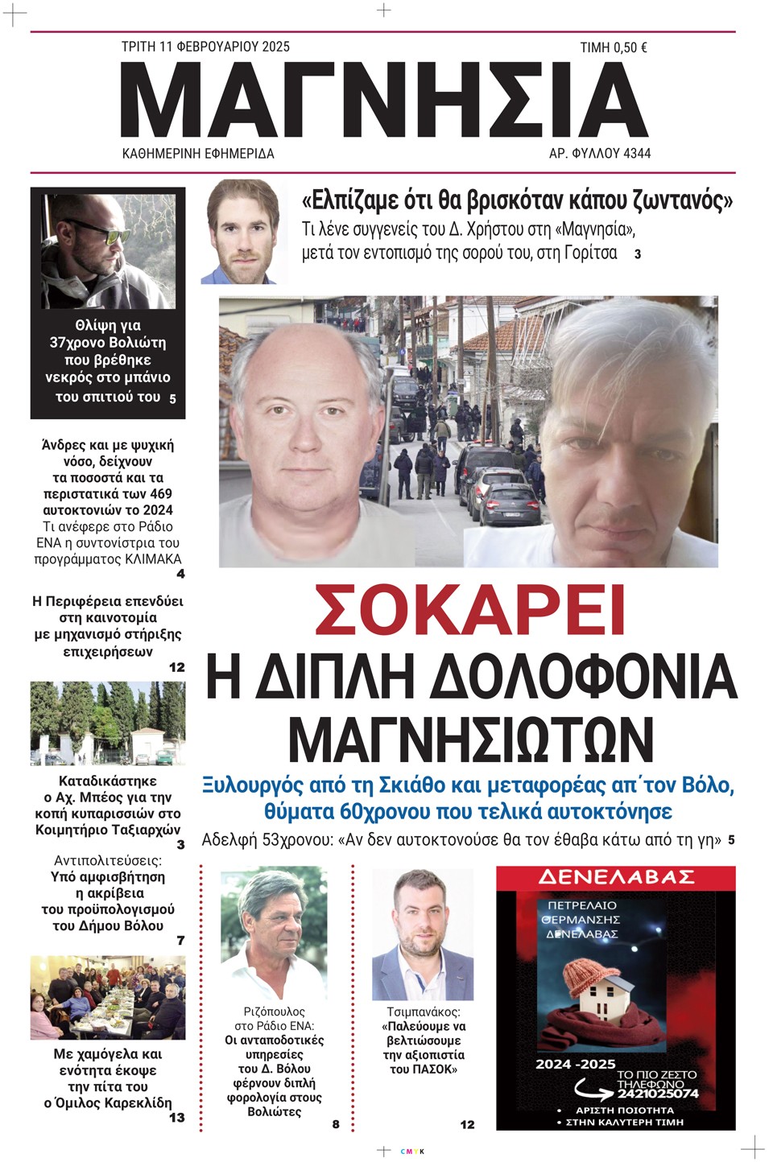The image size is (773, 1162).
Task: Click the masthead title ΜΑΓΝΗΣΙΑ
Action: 384,101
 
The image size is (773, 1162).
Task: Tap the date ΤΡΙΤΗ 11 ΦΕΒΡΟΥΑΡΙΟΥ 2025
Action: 205,47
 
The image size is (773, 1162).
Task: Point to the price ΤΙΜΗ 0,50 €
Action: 613,47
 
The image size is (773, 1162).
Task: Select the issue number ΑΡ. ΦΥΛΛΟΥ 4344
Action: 599,153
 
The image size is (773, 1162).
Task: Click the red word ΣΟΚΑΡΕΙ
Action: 469,611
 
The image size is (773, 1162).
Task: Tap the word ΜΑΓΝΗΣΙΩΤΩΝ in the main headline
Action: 470,738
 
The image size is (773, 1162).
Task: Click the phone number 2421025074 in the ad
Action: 659,1094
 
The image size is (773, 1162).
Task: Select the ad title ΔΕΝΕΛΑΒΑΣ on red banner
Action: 616,876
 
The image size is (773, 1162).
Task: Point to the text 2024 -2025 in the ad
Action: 575,1064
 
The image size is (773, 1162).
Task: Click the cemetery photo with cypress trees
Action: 108,723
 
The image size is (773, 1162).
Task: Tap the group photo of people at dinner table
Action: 108,998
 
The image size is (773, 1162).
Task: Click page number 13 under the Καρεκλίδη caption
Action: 176,1117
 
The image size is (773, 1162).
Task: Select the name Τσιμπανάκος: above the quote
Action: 423,1012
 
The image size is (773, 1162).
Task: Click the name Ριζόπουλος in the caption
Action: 275,1012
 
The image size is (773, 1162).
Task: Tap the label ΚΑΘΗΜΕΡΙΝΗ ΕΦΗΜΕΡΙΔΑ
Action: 197,153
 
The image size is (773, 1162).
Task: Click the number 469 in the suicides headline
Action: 160,493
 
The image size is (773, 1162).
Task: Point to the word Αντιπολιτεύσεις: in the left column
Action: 107,860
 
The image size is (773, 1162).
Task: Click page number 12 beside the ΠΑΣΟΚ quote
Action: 467,1124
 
